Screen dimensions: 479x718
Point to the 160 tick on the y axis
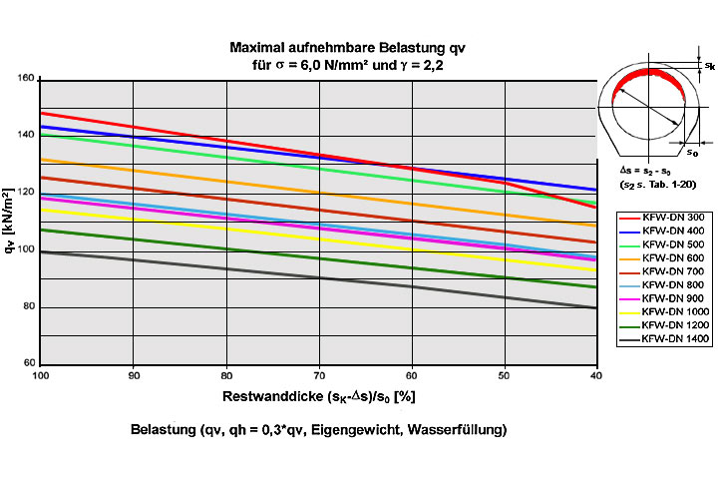click(26, 78)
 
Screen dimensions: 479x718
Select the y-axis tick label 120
click(26, 192)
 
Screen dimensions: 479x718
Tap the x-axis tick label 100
click(41, 375)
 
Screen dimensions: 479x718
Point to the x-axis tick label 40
click(594, 375)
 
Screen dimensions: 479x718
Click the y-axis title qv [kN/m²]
click(9, 221)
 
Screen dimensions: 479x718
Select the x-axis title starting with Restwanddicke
click(318, 396)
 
